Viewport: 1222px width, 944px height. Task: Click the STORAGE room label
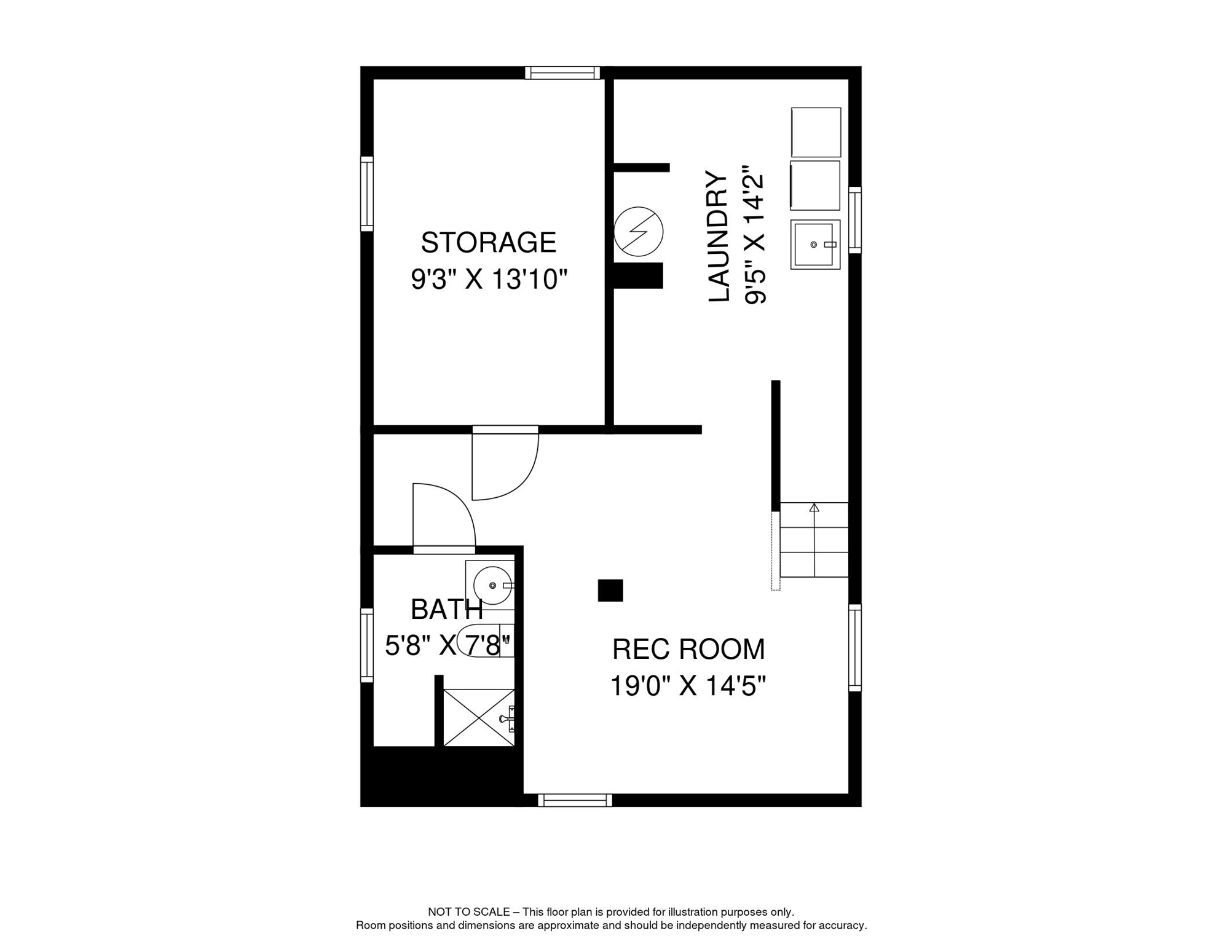[x=488, y=243]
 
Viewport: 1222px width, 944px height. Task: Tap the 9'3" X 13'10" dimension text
[x=488, y=280]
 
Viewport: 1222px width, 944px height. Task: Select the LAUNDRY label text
[x=718, y=237]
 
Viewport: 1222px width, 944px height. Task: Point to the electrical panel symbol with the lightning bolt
[x=639, y=232]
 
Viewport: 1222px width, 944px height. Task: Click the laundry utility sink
[x=815, y=245]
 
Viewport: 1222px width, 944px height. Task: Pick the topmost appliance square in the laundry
[x=816, y=132]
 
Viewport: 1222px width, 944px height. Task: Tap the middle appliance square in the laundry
[x=815, y=186]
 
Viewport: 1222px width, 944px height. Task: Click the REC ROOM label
[x=688, y=650]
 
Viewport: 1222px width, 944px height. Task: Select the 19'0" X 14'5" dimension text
[x=688, y=686]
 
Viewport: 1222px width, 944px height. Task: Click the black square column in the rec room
[x=610, y=590]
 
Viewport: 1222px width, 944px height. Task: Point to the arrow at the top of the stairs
[x=814, y=508]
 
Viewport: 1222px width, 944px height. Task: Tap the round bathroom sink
[x=493, y=585]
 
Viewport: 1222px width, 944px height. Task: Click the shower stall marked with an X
[x=479, y=717]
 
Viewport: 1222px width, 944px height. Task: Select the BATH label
[x=446, y=610]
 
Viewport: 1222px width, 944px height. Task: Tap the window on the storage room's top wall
[x=562, y=73]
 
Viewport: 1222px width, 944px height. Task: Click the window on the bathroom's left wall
[x=366, y=645]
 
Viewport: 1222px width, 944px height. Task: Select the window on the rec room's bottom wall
[x=575, y=800]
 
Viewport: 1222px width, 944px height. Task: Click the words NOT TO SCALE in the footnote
[x=468, y=912]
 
